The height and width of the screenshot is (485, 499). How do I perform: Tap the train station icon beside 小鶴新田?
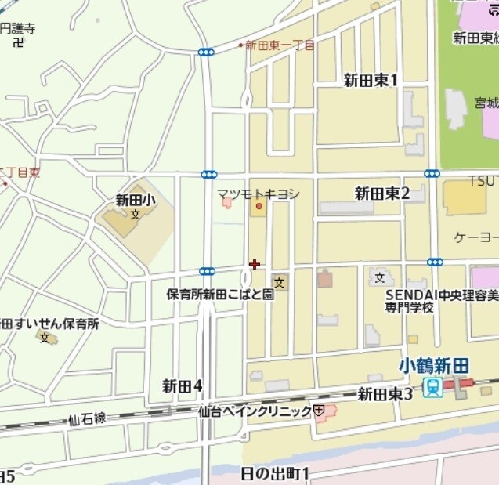click(x=431, y=386)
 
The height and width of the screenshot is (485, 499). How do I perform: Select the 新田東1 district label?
click(x=371, y=80)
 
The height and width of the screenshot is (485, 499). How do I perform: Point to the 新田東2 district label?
click(x=382, y=194)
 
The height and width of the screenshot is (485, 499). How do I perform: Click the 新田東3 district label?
click(x=385, y=393)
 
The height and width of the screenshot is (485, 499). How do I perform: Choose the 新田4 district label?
click(x=183, y=385)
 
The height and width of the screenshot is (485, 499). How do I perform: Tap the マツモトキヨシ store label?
click(x=259, y=194)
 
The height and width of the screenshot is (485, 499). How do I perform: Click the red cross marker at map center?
click(x=254, y=265)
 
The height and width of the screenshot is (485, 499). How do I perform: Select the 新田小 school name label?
click(x=136, y=200)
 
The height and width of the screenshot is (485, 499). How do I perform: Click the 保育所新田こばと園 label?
click(x=220, y=295)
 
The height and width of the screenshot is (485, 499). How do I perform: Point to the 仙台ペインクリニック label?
click(x=255, y=410)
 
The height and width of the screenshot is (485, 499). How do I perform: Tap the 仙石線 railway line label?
click(x=87, y=420)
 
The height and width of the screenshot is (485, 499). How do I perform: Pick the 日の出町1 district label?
click(x=275, y=472)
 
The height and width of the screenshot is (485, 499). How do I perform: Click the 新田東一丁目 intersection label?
click(x=280, y=45)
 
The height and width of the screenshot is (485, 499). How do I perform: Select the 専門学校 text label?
click(x=409, y=308)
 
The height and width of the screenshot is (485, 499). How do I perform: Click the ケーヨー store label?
click(x=476, y=237)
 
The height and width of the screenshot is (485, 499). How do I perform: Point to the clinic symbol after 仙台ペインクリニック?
click(x=319, y=410)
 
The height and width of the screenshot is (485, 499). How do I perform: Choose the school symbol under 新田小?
click(x=136, y=214)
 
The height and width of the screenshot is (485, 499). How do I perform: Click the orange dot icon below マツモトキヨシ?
click(x=259, y=207)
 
